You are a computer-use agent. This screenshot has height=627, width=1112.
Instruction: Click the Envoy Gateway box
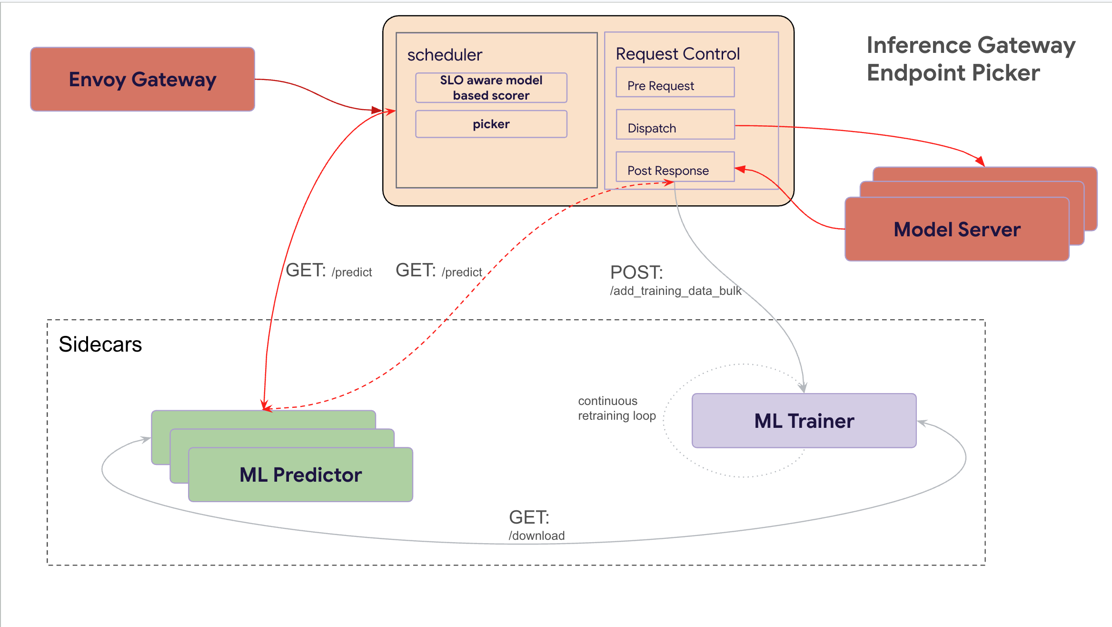(x=142, y=79)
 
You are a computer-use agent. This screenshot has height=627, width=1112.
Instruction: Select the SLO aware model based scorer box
(x=491, y=88)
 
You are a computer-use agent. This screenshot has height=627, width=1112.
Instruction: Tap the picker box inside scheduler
(x=491, y=124)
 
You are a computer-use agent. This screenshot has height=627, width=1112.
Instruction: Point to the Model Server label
(x=957, y=230)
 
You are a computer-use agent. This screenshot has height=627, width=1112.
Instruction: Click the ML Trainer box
(x=804, y=421)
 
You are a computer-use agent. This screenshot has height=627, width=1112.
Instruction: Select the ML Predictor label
(x=300, y=475)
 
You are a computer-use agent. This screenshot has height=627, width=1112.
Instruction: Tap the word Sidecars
(x=100, y=344)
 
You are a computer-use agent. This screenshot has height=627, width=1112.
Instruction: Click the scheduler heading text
(x=445, y=55)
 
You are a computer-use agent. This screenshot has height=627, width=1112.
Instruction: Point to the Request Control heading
(x=677, y=54)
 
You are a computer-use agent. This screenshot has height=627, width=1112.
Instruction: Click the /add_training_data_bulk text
(x=675, y=291)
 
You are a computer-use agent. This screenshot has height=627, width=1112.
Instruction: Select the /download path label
(x=536, y=536)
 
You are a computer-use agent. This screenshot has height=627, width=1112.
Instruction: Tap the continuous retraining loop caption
(x=616, y=408)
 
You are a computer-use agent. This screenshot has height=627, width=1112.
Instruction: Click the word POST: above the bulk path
(x=636, y=273)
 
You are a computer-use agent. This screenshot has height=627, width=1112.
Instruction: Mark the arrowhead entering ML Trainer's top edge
(x=803, y=388)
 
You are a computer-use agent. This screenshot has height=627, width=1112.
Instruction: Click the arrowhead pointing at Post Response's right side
(x=739, y=169)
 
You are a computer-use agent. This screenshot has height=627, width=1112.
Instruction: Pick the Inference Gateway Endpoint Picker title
(x=971, y=59)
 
